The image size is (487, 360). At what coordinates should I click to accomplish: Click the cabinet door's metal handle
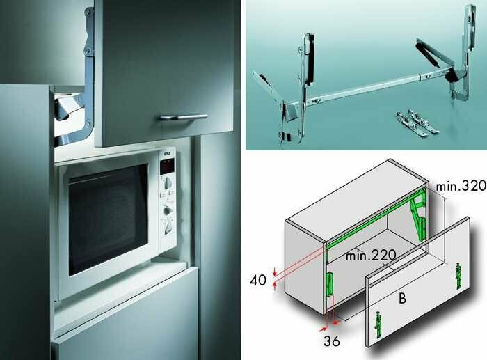pyautogui.click(x=183, y=117)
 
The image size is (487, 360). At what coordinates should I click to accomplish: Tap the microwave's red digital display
pyautogui.click(x=167, y=167)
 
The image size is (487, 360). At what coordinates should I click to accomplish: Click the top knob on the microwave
pyautogui.click(x=168, y=182)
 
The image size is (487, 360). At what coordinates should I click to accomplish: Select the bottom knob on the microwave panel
pyautogui.click(x=168, y=228)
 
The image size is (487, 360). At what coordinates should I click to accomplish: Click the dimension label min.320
pyautogui.click(x=461, y=186)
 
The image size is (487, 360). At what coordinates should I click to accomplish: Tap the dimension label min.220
pyautogui.click(x=371, y=256)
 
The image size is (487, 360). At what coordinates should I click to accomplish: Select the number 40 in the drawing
pyautogui.click(x=258, y=281)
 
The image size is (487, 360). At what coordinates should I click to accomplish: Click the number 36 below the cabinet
pyautogui.click(x=331, y=341)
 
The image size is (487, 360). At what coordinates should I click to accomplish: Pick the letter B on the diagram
pyautogui.click(x=402, y=298)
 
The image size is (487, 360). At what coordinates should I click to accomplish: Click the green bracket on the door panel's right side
pyautogui.click(x=458, y=276)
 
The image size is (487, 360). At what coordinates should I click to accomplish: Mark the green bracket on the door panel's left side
pyautogui.click(x=378, y=324)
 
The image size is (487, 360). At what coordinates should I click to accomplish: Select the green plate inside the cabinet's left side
pyautogui.click(x=330, y=284)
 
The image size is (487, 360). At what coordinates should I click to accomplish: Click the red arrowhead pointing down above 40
pyautogui.click(x=274, y=273)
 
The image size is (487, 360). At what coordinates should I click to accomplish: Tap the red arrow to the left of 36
pyautogui.click(x=323, y=329)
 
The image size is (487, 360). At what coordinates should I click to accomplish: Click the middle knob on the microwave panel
pyautogui.click(x=168, y=210)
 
